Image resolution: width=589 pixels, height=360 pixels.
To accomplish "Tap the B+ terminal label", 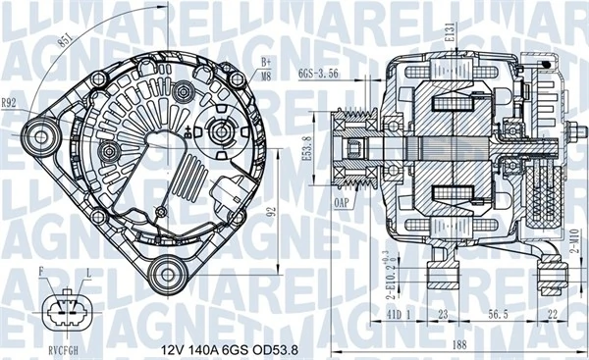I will pyautogui.click(x=265, y=61).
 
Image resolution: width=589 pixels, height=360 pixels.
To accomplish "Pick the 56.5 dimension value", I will pyautogui.click(x=498, y=315).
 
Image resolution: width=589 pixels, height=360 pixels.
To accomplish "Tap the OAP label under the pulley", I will pyautogui.click(x=342, y=203).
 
